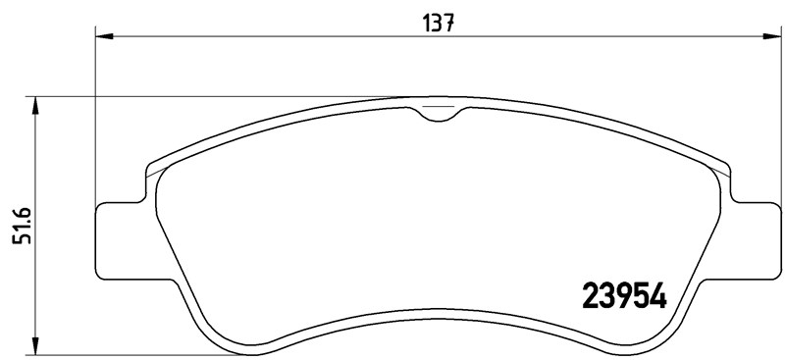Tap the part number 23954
point(625,294)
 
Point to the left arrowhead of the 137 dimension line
point(102,37)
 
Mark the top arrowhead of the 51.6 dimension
point(36,103)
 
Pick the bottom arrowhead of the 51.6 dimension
point(36,348)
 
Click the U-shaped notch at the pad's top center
point(439,114)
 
